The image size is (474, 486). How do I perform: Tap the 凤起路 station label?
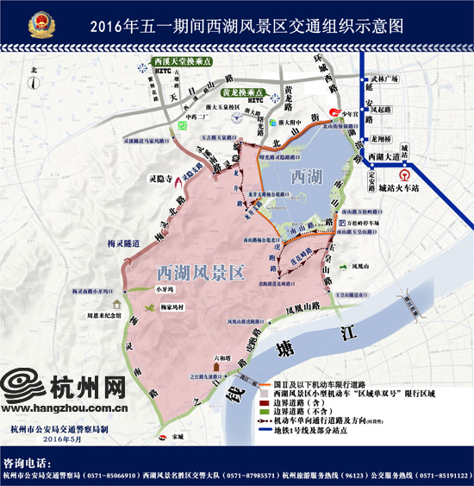pos(378,110)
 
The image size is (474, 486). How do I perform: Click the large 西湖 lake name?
pos(308,177)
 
